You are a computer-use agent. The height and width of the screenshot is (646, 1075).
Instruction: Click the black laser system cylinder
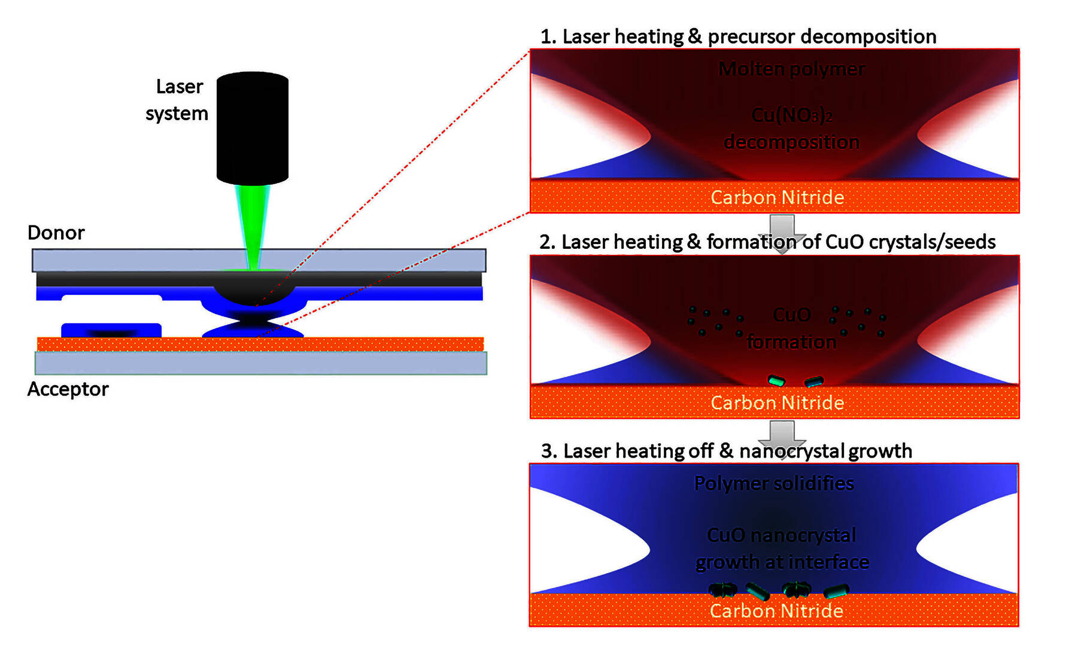(x=252, y=127)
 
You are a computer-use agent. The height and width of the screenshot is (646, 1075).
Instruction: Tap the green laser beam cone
(x=253, y=227)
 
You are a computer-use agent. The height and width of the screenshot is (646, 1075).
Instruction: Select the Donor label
(x=56, y=233)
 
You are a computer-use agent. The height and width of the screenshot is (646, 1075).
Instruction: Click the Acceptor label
(x=68, y=389)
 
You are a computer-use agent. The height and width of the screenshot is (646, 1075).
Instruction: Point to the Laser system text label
(x=177, y=100)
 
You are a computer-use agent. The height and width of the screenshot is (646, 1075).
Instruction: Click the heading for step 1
(x=738, y=36)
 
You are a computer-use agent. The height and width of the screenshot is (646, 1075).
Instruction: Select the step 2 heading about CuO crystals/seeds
(x=767, y=242)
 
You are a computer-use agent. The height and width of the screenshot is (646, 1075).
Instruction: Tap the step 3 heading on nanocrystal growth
(x=726, y=451)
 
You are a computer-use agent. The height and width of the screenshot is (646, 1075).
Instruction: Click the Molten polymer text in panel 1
(x=791, y=69)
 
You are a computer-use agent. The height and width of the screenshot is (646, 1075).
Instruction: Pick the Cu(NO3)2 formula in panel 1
(x=791, y=114)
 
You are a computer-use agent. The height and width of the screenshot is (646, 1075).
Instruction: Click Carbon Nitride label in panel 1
(x=777, y=197)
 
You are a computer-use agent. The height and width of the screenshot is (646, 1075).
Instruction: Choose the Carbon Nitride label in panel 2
(x=777, y=403)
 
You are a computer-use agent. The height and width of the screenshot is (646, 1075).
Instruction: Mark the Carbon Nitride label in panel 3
(x=776, y=611)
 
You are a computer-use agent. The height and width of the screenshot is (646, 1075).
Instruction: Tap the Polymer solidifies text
(x=774, y=483)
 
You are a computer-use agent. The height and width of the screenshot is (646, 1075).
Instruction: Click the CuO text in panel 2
(x=791, y=315)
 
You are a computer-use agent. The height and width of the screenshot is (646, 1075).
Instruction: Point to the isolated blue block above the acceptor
(x=111, y=330)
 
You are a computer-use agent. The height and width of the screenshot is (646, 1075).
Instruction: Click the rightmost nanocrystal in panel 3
(x=836, y=591)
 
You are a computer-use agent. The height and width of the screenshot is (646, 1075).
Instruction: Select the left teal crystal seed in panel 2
(x=776, y=380)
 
